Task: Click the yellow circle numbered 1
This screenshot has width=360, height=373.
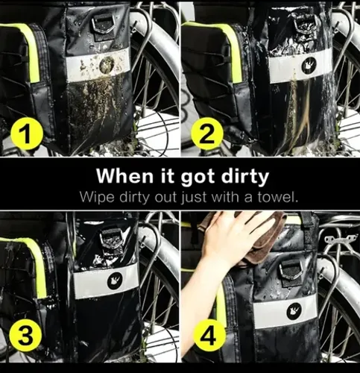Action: pos(27,134)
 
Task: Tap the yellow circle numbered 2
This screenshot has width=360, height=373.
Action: pos(206,134)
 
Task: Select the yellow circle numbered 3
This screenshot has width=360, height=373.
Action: pos(25,336)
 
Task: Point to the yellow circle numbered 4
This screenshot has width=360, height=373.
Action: pos(209,336)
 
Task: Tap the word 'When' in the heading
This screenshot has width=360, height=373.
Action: pos(125,176)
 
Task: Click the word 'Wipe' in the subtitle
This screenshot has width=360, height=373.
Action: pos(97,198)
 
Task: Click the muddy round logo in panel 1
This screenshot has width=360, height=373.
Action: pos(107,65)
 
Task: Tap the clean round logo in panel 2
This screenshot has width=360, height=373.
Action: pos(309,65)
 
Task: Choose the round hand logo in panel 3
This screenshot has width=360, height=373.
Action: pos(115,280)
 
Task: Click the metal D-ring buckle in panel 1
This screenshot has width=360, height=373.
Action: pos(104,24)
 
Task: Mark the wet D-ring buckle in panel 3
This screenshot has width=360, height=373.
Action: pos(113,239)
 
